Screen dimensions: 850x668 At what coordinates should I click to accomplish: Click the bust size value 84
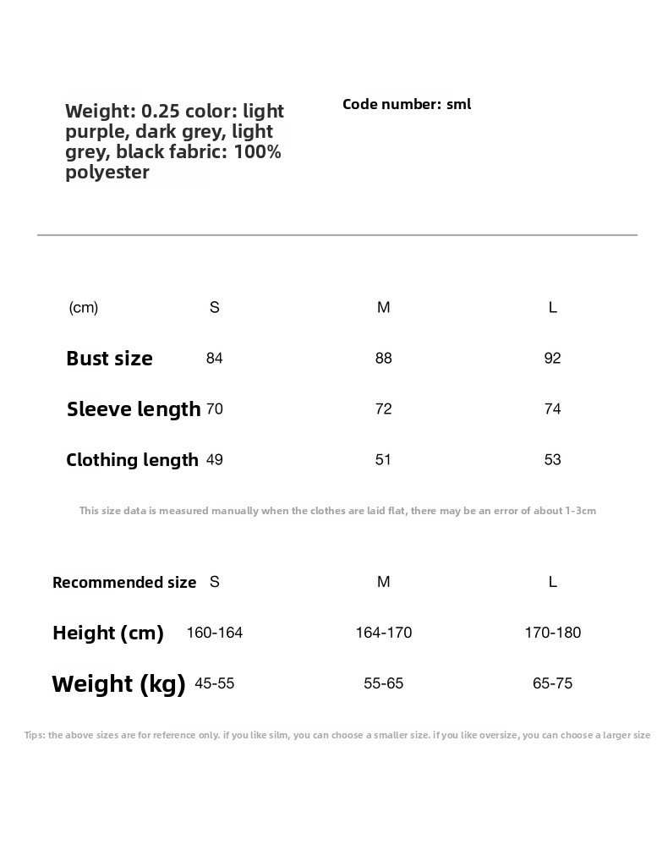tap(215, 359)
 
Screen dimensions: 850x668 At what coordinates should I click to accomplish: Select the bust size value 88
tap(384, 359)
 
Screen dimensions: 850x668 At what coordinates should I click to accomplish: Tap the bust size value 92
tap(553, 359)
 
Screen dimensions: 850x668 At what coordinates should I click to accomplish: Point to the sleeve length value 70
tap(215, 409)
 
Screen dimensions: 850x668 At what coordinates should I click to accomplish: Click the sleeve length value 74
tap(553, 409)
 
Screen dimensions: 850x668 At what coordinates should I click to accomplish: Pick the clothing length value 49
tap(215, 460)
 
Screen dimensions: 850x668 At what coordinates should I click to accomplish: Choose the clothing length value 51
tap(384, 460)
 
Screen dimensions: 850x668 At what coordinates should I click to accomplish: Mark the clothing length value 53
tap(553, 460)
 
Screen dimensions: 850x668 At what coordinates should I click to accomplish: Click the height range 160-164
tap(215, 633)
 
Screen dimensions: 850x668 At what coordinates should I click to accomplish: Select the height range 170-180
tap(553, 633)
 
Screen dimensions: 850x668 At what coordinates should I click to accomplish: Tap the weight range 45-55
tap(215, 683)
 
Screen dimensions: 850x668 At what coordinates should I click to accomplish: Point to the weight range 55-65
tap(384, 683)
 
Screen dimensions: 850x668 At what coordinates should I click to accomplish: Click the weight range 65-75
tap(553, 683)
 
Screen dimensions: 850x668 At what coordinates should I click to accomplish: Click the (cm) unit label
tap(84, 308)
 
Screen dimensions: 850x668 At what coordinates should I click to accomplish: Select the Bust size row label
tap(109, 359)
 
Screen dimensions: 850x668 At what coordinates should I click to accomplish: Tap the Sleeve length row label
tap(134, 409)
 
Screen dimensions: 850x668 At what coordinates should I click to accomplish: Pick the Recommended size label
tap(124, 582)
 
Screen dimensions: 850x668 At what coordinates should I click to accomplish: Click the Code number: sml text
tap(407, 105)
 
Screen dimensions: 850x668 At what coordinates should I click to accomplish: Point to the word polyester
tap(107, 173)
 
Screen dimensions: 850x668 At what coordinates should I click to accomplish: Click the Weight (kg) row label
tap(118, 683)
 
